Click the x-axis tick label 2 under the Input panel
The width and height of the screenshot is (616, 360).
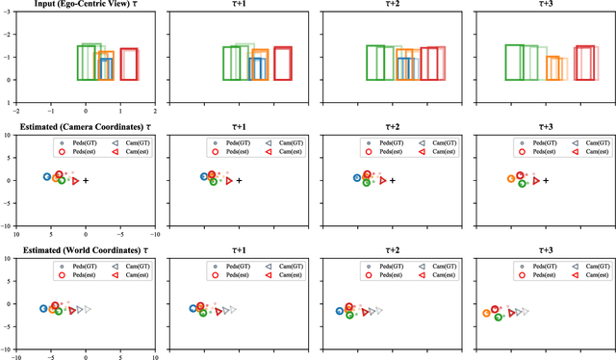[155, 113]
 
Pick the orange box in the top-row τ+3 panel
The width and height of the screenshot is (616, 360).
[553, 68]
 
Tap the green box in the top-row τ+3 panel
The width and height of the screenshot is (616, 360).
[515, 63]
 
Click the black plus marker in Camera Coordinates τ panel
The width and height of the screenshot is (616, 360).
[86, 180]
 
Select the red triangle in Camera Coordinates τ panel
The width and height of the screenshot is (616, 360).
[75, 180]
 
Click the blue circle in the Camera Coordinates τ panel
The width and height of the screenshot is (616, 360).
[46, 177]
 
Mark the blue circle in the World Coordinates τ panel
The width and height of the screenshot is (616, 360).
[43, 308]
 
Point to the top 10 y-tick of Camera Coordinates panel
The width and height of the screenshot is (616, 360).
[8, 136]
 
